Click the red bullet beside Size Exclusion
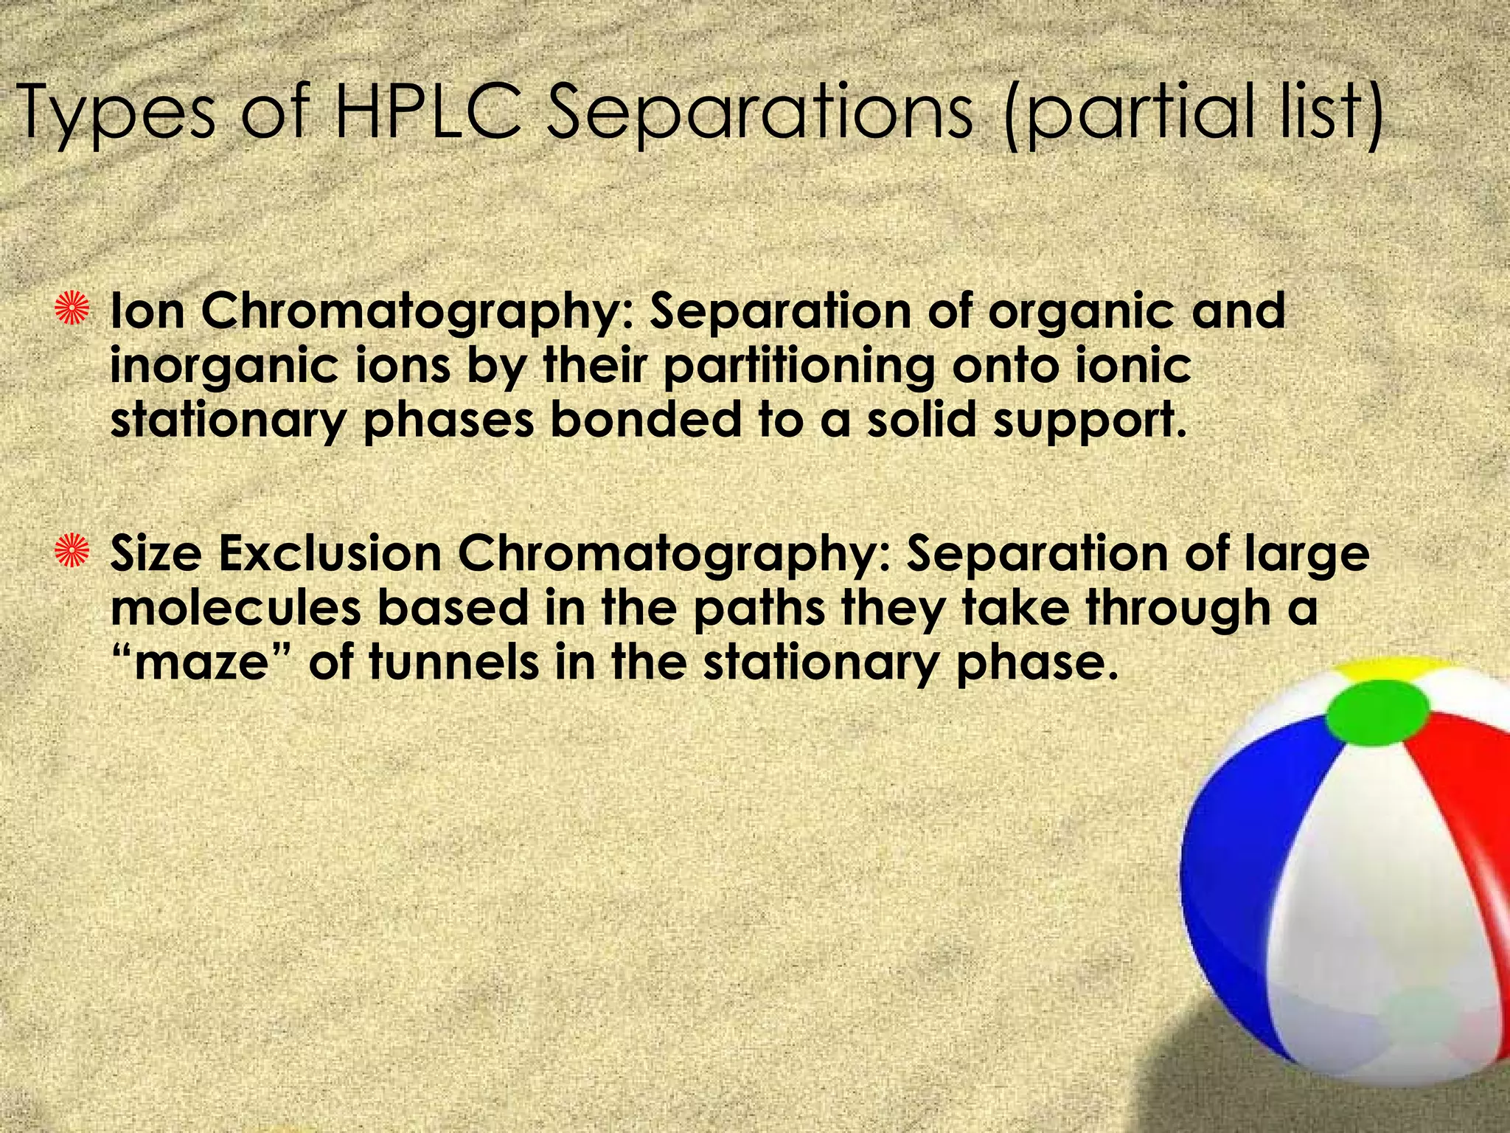75,554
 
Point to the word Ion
147,311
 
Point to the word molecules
236,609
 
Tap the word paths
759,609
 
